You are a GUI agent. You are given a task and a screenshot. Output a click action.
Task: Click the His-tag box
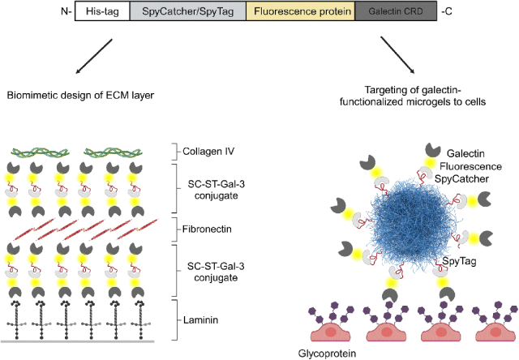click(103, 14)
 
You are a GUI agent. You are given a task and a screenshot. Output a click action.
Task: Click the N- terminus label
click(64, 14)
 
